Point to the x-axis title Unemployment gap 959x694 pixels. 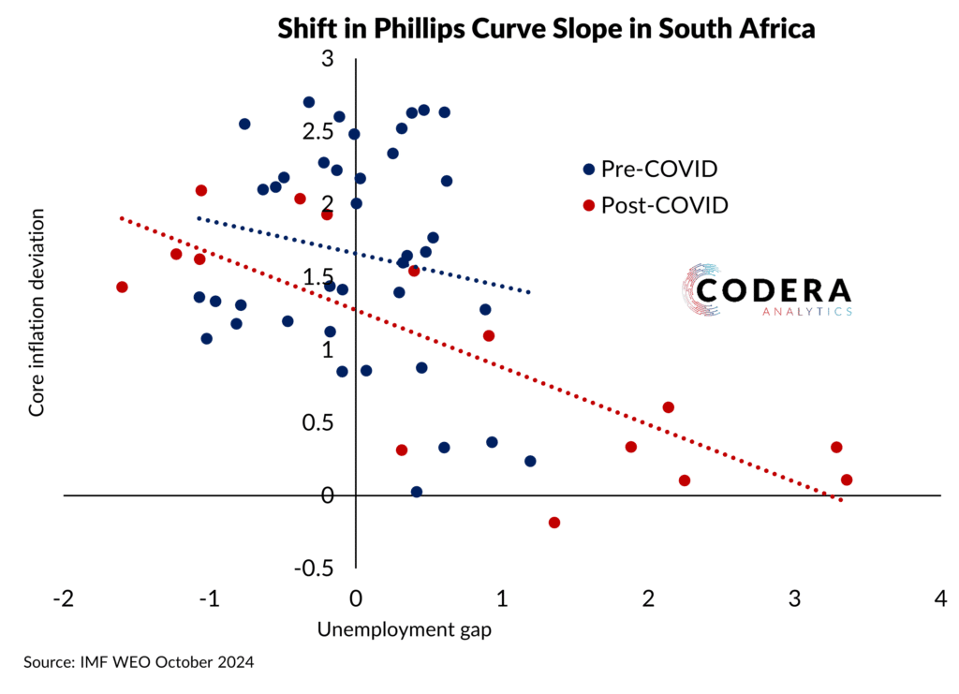[405, 629]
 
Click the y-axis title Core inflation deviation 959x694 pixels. [37, 312]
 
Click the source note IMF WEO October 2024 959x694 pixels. [139, 662]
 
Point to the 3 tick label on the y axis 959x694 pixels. [327, 59]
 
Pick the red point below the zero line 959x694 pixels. [553, 523]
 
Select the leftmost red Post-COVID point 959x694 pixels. [122, 287]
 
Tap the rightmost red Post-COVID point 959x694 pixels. [847, 480]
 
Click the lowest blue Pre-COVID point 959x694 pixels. [417, 492]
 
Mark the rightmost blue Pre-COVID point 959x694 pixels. [530, 461]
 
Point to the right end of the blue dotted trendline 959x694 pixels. [530, 293]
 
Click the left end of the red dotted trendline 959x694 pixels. [122, 218]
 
